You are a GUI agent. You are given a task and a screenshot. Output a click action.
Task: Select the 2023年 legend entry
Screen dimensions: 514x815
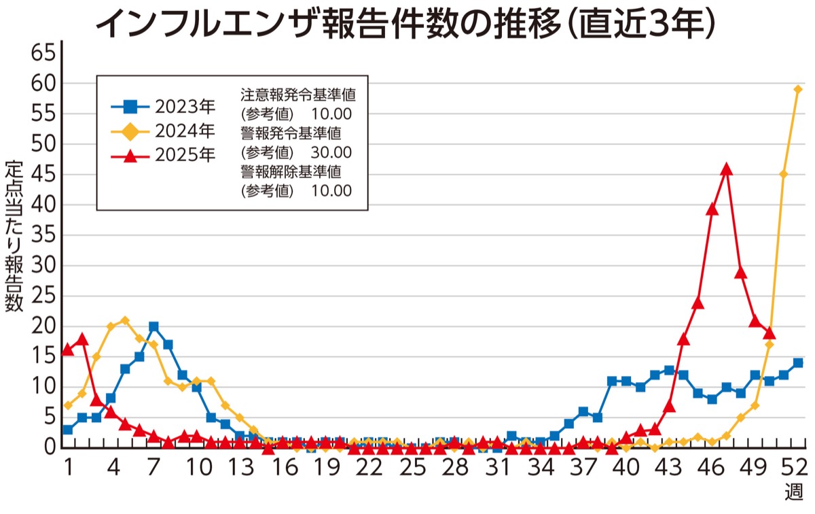pos(163,107)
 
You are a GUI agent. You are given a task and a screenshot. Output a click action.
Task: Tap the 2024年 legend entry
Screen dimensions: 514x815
pos(163,131)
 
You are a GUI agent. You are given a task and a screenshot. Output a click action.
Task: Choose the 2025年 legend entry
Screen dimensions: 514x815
pos(163,155)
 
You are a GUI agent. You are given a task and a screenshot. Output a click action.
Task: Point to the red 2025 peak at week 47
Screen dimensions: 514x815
pos(727,169)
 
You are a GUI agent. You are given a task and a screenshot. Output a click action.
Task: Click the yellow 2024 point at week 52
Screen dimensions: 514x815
pos(798,90)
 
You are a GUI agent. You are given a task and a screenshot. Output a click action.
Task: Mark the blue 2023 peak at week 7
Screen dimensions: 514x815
pos(153,327)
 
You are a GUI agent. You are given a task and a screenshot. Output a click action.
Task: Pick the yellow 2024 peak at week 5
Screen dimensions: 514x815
pos(125,320)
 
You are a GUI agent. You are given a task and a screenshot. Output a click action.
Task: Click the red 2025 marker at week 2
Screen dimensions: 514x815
pos(82,339)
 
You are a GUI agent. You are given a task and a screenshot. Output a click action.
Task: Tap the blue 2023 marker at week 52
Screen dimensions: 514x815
pos(798,363)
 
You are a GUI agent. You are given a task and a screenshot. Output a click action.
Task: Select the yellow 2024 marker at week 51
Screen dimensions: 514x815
pos(784,175)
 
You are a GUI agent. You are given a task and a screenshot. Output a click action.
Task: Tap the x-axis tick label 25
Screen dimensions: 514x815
pos(412,468)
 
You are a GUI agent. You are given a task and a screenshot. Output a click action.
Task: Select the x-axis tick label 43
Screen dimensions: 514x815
pos(669,468)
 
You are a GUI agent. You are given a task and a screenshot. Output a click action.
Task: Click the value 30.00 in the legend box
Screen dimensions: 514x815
pos(331,152)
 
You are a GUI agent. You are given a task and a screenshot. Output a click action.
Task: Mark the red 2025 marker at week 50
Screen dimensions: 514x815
pos(769,332)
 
